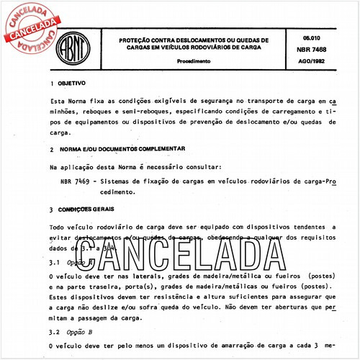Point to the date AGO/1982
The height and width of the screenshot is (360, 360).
coord(303,60)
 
